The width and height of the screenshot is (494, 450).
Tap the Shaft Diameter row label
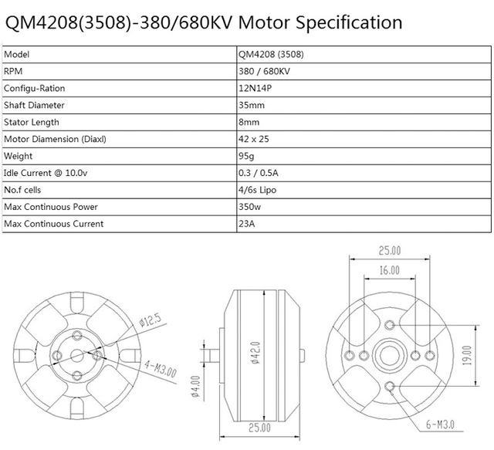pos(34,105)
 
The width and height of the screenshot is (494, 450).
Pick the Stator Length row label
pos(31,122)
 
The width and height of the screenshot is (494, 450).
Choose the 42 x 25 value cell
pos(255,139)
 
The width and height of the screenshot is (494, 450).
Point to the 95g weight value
pos(248,156)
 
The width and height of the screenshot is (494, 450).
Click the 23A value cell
pos(248,224)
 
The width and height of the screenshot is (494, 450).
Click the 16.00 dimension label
pos(389,270)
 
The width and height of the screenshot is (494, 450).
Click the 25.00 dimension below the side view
pos(259,427)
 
